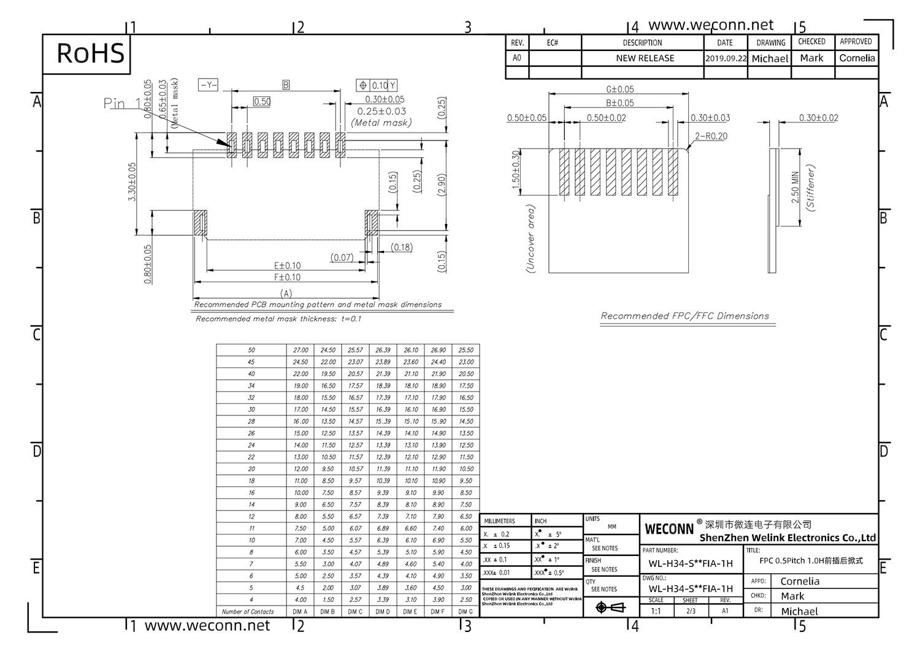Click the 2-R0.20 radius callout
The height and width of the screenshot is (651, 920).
pyautogui.click(x=711, y=136)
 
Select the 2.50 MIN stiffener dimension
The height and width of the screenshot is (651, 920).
pyautogui.click(x=795, y=187)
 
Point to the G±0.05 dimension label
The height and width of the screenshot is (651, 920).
pyautogui.click(x=619, y=89)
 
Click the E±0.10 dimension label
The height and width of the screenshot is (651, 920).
pyautogui.click(x=287, y=266)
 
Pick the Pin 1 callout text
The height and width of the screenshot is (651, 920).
pyautogui.click(x=122, y=103)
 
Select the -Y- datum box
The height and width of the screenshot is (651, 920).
pyautogui.click(x=208, y=85)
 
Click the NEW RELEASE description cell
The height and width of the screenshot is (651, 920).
pyautogui.click(x=645, y=58)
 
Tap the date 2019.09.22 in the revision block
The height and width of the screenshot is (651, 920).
pyautogui.click(x=726, y=58)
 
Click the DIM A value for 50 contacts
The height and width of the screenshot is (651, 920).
pyautogui.click(x=301, y=350)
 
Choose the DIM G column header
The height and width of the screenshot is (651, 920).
pyautogui.click(x=466, y=612)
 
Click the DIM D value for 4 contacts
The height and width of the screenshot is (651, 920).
pyautogui.click(x=383, y=599)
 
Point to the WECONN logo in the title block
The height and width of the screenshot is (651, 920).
pyautogui.click(x=669, y=528)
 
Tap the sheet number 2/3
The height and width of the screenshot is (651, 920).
pyautogui.click(x=691, y=611)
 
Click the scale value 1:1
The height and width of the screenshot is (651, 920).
pyautogui.click(x=656, y=611)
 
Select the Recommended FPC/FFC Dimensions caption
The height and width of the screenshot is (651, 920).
pyautogui.click(x=684, y=316)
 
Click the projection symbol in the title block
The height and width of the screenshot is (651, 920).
pyautogui.click(x=610, y=607)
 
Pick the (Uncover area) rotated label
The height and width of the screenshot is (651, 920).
pyautogui.click(x=531, y=239)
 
